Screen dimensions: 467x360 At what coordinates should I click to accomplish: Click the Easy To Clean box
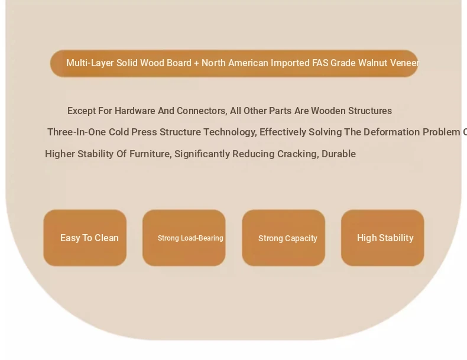85,238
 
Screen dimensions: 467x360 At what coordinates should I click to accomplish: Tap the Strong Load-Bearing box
184,238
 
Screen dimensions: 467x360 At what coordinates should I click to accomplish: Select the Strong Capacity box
284,238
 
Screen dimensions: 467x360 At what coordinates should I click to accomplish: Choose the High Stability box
382,238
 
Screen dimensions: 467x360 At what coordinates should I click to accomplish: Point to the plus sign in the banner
196,63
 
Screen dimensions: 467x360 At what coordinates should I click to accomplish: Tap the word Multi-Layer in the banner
90,63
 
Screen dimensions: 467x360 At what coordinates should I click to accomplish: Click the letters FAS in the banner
320,63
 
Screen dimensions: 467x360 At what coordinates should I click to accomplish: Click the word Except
82,111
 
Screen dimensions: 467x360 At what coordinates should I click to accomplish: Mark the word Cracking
298,154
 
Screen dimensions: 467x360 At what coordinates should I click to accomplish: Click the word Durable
339,154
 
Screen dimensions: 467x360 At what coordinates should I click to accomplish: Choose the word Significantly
202,154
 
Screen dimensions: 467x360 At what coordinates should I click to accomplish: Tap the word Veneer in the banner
404,63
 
